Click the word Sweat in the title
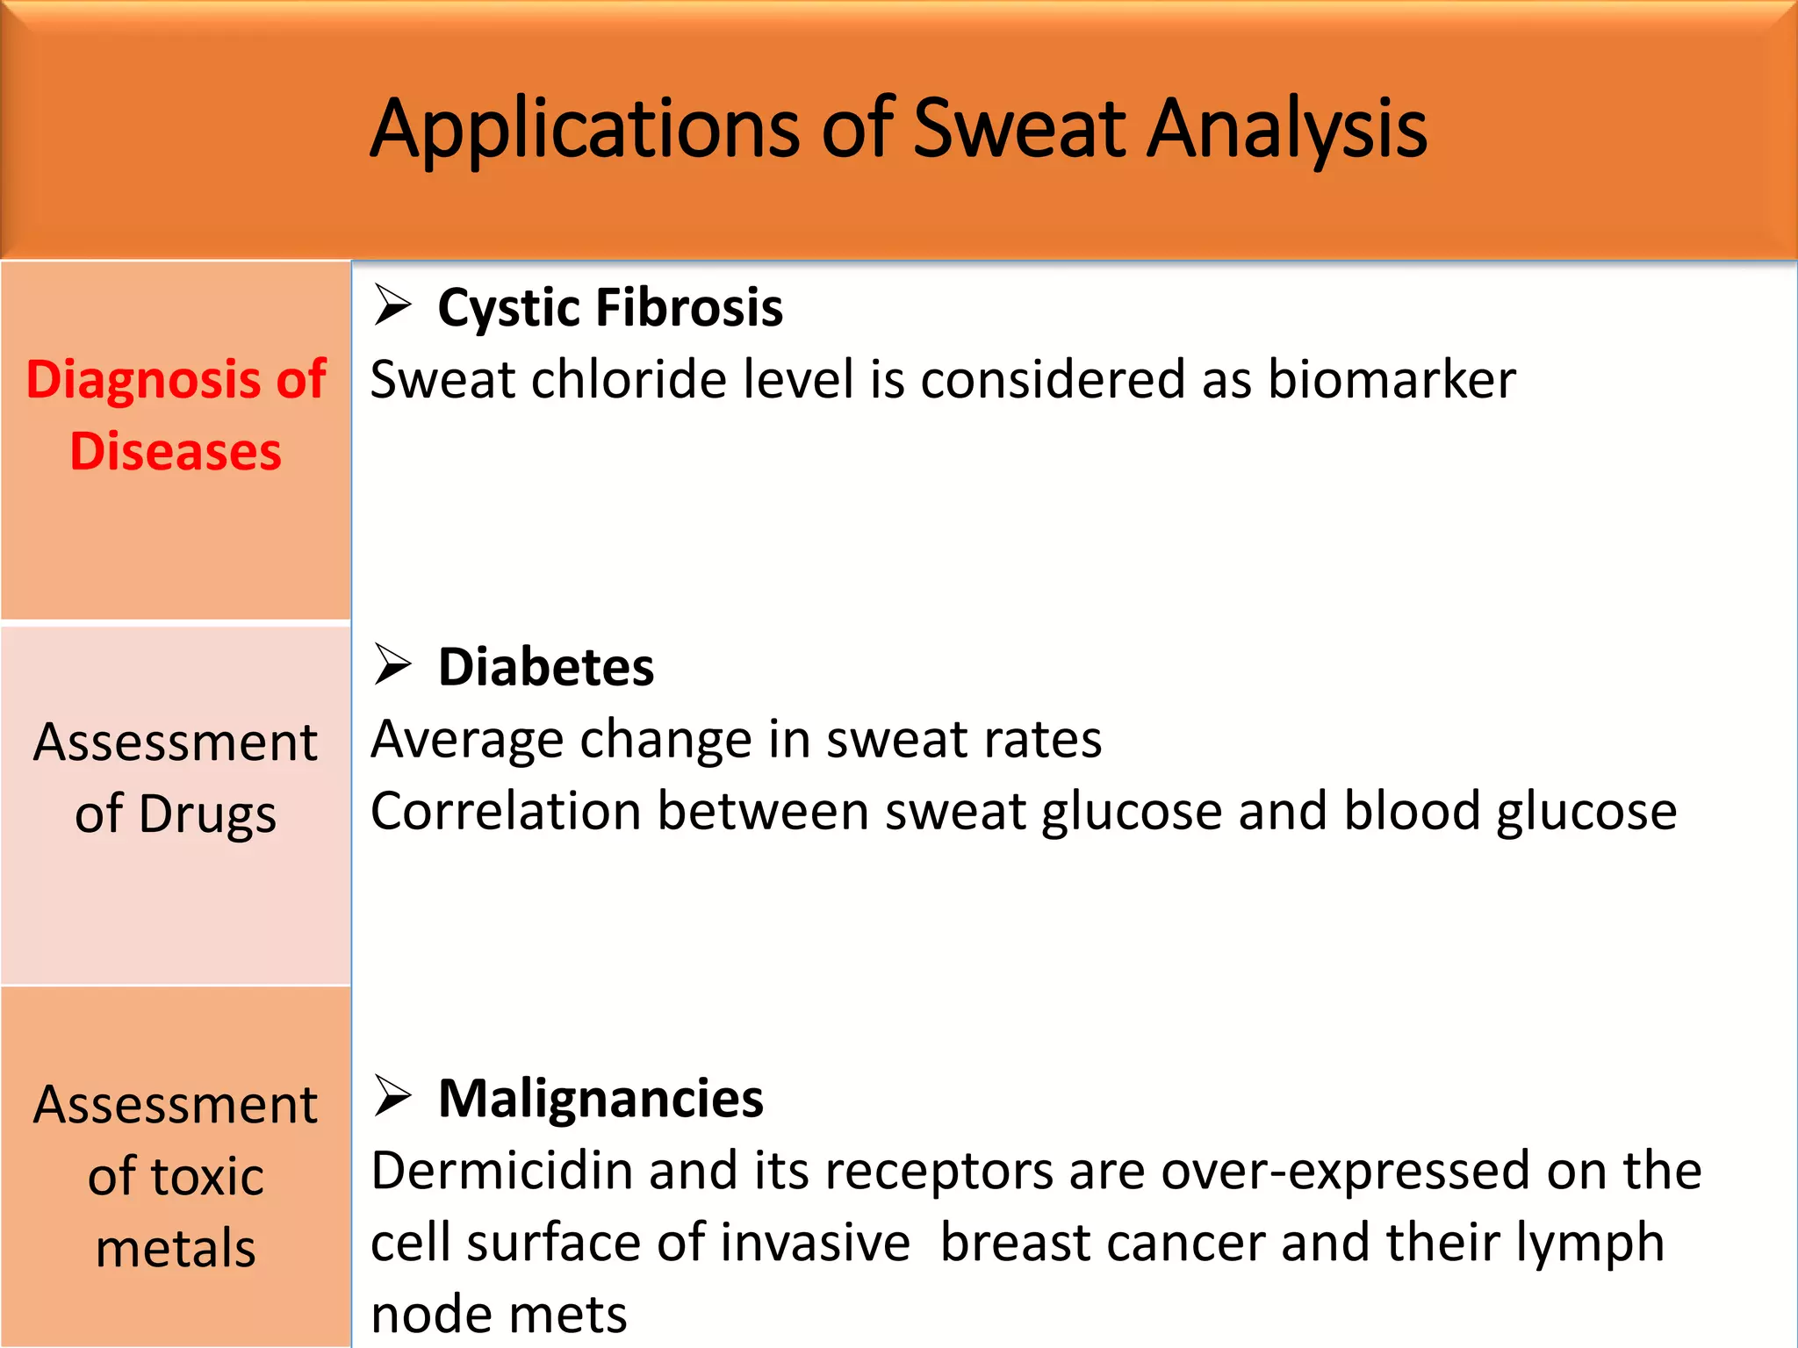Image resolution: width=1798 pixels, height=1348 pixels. tap(1018, 129)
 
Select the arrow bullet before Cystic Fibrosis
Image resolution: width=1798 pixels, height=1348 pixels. tap(392, 305)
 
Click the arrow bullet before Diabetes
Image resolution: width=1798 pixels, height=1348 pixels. tap(392, 664)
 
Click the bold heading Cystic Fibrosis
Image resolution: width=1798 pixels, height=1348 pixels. tap(610, 308)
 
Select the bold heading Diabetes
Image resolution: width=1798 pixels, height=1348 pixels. tap(546, 667)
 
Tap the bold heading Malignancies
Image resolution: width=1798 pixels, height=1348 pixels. tap(601, 1099)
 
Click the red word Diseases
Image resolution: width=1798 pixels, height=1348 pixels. tap(176, 452)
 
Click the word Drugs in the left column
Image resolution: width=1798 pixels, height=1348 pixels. tap(207, 814)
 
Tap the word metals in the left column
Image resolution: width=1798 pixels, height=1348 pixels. tap(176, 1249)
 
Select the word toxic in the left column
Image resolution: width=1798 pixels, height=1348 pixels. tap(207, 1177)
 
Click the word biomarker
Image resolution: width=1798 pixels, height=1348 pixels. tap(1392, 380)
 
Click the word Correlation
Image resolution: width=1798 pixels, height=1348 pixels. tap(506, 811)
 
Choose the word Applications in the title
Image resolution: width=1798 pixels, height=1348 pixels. tap(584, 129)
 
